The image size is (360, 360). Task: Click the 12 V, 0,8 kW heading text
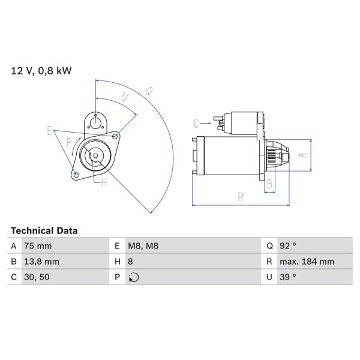[x=41, y=71]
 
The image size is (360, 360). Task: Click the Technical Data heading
[x=44, y=230]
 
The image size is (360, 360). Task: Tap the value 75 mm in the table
[x=38, y=246]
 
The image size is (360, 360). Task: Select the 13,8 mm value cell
[x=41, y=262]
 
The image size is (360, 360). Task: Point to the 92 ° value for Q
[x=289, y=246]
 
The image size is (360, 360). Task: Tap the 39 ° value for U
[x=289, y=277]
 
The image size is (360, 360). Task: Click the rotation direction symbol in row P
[x=133, y=277]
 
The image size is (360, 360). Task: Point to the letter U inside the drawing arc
[x=125, y=96]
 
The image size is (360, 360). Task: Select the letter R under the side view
[x=240, y=196]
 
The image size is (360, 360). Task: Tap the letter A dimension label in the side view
[x=303, y=155]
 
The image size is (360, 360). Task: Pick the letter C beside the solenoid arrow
[x=196, y=124]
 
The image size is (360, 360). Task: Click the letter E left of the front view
[x=50, y=130]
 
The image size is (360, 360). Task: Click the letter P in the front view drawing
[x=70, y=142]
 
